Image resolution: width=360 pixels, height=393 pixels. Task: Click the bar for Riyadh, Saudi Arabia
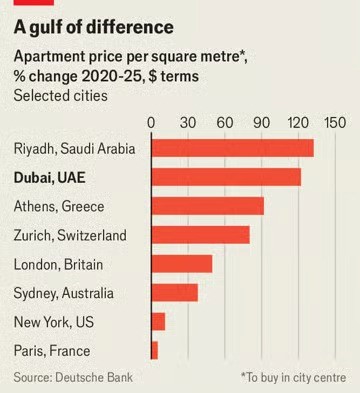232,148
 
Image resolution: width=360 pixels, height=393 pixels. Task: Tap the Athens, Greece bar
207,206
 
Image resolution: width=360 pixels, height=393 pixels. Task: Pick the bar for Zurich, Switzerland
200,235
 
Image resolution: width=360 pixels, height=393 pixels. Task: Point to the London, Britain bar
181,264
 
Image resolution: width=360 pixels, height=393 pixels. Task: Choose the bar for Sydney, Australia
174,293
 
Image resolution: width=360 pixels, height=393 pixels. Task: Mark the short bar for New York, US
158,322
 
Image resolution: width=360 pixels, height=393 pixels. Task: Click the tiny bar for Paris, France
154,351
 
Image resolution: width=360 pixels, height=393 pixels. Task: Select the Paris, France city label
52,351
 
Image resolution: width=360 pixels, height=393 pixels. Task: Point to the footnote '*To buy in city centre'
293,377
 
